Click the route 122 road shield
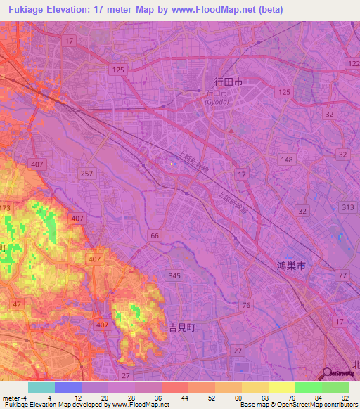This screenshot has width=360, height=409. point(353,64)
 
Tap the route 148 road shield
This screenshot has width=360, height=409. point(288,160)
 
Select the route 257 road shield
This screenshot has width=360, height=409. point(87,174)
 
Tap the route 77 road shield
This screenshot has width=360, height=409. point(342,275)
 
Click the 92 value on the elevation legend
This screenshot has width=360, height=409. point(345,398)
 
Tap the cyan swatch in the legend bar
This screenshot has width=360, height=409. point(41,387)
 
